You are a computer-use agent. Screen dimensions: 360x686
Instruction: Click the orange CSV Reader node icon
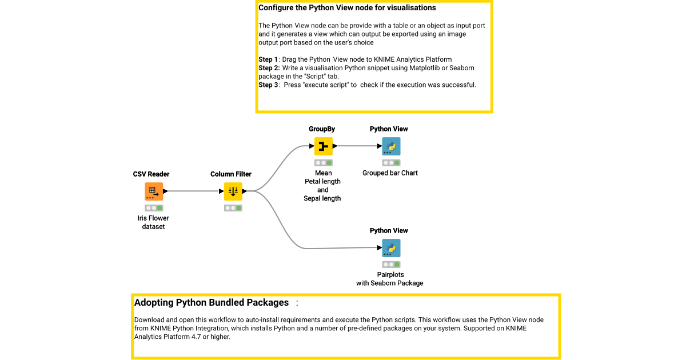pyautogui.click(x=153, y=191)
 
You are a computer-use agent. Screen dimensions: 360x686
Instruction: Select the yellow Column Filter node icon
pyautogui.click(x=233, y=191)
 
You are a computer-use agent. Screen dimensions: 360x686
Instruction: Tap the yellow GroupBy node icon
pyautogui.click(x=323, y=146)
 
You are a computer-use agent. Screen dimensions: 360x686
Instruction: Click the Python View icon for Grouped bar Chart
pyautogui.click(x=391, y=146)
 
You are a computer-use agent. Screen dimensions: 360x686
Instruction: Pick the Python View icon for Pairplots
pyautogui.click(x=391, y=248)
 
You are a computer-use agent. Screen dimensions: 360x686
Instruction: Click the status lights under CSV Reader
pyautogui.click(x=153, y=208)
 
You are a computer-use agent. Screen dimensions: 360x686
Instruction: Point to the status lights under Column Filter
pyautogui.click(x=233, y=208)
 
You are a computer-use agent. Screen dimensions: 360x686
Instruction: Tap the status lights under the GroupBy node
pyautogui.click(x=323, y=163)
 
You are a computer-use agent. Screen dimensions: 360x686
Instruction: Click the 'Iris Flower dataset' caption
pyautogui.click(x=153, y=222)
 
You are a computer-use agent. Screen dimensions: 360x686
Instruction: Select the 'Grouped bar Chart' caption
pyautogui.click(x=390, y=173)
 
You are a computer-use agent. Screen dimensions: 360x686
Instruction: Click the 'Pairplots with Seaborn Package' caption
pyautogui.click(x=390, y=279)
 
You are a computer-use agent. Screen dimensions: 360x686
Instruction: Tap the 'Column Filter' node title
pyautogui.click(x=231, y=174)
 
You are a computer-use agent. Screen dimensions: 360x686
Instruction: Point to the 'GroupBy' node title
pyautogui.click(x=322, y=129)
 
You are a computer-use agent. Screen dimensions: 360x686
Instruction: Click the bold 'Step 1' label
pyautogui.click(x=268, y=59)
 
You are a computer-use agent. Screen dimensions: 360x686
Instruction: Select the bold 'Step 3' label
pyautogui.click(x=268, y=85)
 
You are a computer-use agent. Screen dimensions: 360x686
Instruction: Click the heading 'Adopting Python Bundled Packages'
pyautogui.click(x=212, y=302)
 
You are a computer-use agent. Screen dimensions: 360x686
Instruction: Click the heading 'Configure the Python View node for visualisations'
pyautogui.click(x=347, y=8)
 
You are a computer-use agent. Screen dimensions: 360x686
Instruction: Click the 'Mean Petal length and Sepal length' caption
pyautogui.click(x=322, y=186)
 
